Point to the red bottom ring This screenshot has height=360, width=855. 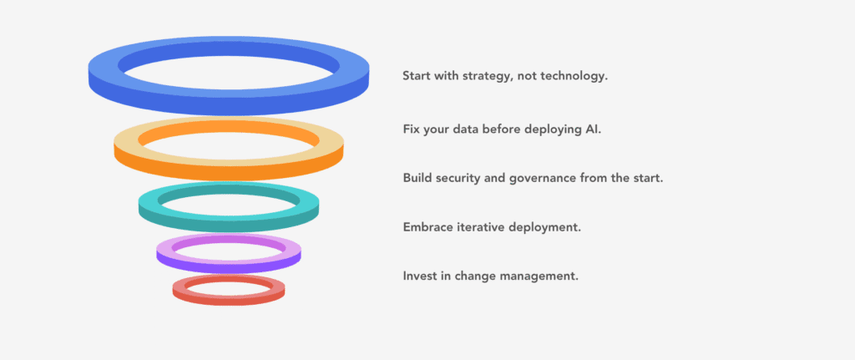[x=229, y=296]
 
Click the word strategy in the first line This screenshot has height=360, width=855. [x=488, y=76]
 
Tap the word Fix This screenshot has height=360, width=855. [x=411, y=129]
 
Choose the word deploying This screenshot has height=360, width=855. [x=551, y=129]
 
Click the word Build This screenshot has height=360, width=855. [x=417, y=178]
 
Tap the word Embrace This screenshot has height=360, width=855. [x=428, y=227]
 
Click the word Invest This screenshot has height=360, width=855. [x=419, y=276]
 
